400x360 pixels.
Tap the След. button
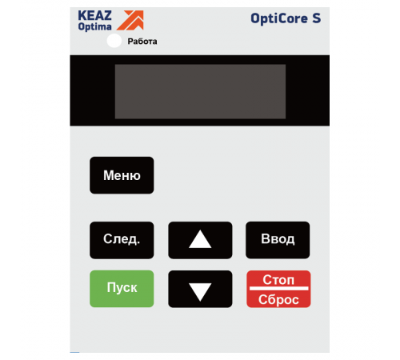(121, 239)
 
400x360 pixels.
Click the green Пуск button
(121, 289)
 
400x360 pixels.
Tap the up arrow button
(200, 239)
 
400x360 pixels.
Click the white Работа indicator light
(114, 41)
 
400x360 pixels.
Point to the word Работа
(142, 42)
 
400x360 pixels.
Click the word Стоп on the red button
(278, 280)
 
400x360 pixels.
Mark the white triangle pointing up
(200, 239)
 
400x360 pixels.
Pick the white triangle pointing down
(200, 290)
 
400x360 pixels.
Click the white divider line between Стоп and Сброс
(278, 290)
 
